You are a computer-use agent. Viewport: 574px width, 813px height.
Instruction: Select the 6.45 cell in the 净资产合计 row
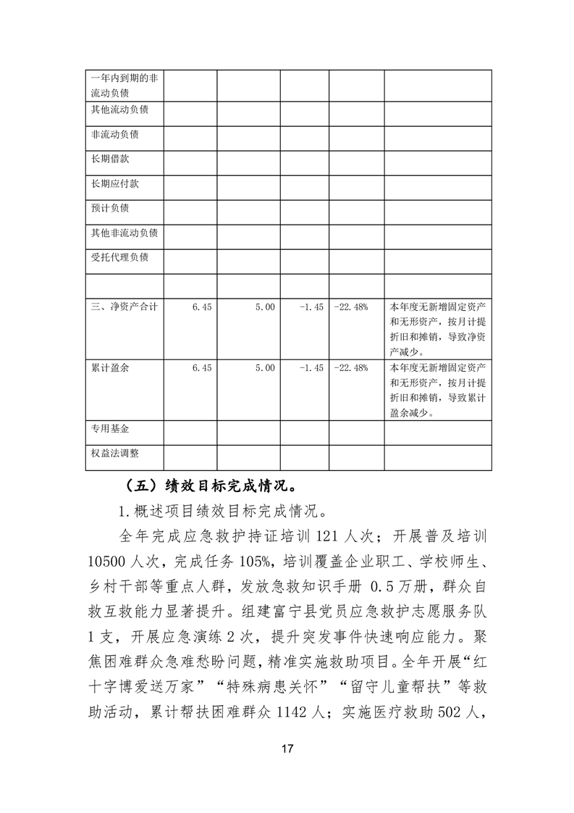pyautogui.click(x=202, y=307)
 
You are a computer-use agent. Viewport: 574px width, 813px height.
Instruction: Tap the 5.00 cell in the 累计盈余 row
pyautogui.click(x=265, y=368)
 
